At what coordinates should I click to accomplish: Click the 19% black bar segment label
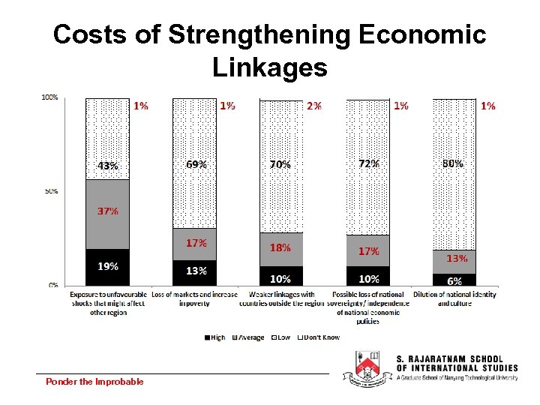(x=107, y=265)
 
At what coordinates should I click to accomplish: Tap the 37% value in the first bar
(x=107, y=211)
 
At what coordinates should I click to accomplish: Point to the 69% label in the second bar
(x=196, y=163)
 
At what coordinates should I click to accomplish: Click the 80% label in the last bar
(x=453, y=163)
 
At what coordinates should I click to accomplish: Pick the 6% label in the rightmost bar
(x=454, y=280)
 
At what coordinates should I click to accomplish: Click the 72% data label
(x=368, y=163)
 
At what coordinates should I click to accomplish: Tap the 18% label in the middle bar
(x=280, y=247)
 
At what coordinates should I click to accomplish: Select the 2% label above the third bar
(x=314, y=106)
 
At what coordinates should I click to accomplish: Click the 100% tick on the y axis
(x=50, y=97)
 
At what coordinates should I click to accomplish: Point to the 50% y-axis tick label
(x=51, y=192)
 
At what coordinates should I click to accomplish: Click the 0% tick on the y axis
(x=53, y=285)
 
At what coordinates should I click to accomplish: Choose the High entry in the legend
(x=214, y=337)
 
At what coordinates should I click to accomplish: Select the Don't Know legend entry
(x=319, y=337)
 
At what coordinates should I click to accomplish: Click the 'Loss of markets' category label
(x=195, y=298)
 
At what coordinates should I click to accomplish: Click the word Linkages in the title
(x=269, y=68)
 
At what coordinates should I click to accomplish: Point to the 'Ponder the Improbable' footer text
(x=94, y=382)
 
